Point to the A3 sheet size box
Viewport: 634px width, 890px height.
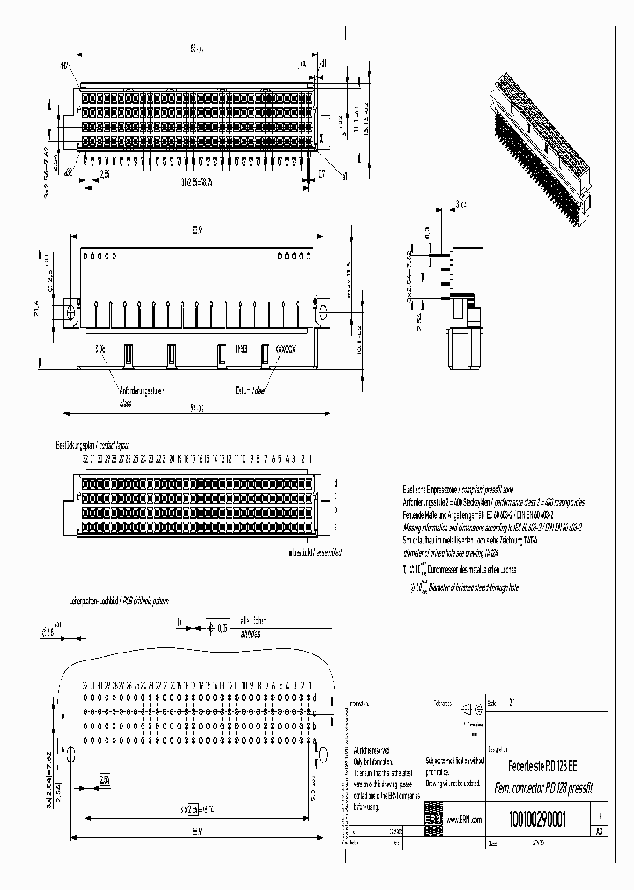[x=600, y=831]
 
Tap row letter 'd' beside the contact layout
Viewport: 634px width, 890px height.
[x=335, y=483]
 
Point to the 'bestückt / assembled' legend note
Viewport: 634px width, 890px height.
[x=313, y=552]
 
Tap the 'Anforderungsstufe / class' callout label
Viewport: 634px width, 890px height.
[x=140, y=395]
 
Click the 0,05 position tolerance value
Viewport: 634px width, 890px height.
[x=223, y=629]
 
